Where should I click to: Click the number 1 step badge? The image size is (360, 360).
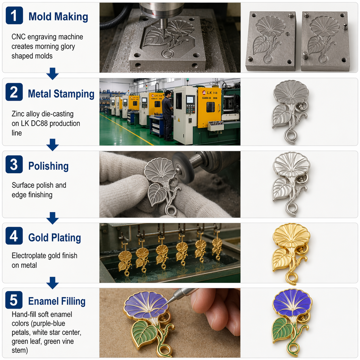(14, 15)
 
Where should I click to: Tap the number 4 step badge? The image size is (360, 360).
(14, 236)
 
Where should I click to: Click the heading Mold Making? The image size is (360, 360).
(58, 17)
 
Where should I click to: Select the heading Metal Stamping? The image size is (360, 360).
(61, 94)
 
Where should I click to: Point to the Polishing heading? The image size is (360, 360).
(48, 166)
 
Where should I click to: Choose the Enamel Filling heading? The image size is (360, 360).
(57, 301)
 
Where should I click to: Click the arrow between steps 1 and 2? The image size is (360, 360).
(52, 73)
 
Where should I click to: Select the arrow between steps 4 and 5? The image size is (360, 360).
(52, 283)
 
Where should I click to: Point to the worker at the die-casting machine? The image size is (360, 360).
(167, 115)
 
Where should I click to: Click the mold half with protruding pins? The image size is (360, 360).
(325, 41)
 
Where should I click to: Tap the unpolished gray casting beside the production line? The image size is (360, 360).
(290, 112)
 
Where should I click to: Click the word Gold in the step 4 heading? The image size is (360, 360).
(39, 238)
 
